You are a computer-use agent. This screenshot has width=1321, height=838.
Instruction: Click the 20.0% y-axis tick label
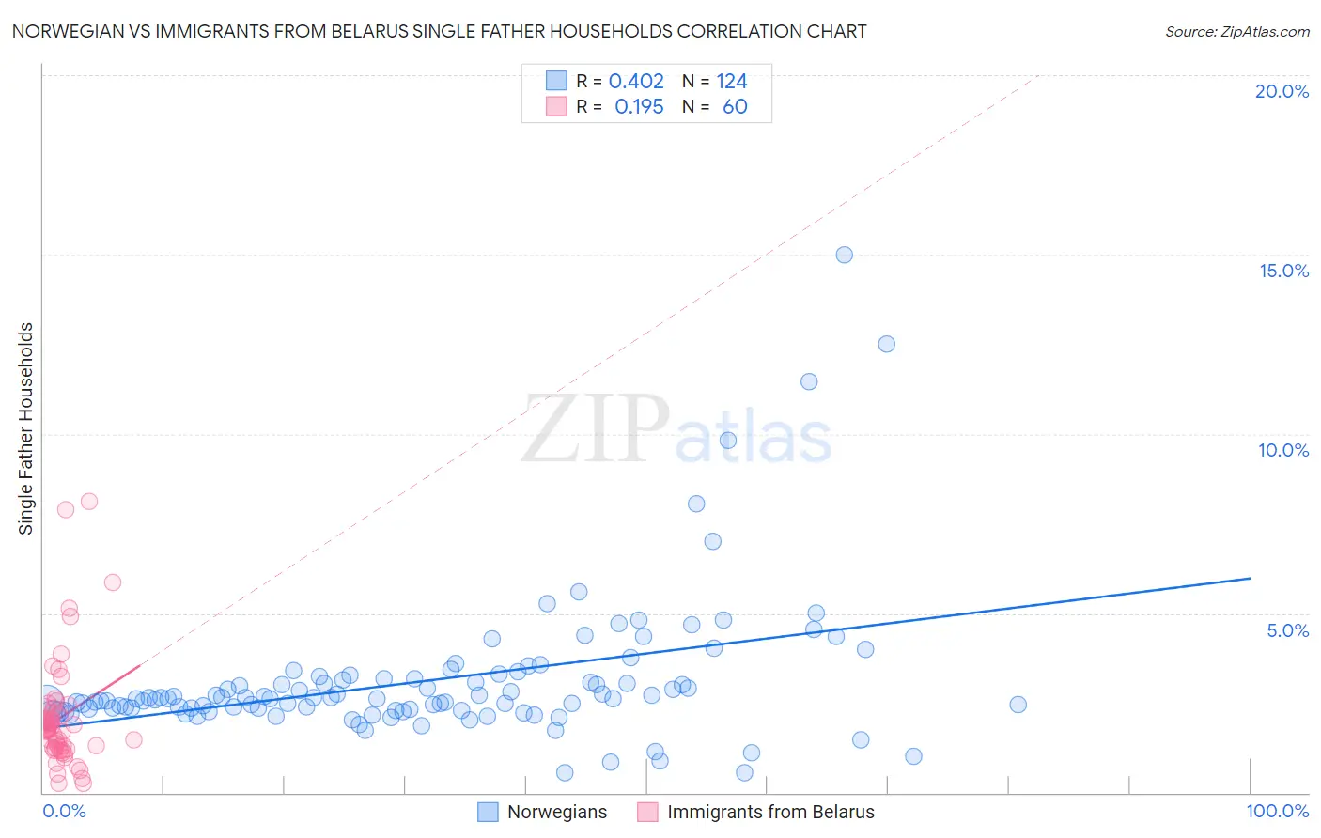click(x=1282, y=91)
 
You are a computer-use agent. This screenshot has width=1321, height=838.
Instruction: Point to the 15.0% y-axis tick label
click(x=1283, y=271)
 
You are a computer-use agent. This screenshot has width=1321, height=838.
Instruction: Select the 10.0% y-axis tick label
click(x=1283, y=450)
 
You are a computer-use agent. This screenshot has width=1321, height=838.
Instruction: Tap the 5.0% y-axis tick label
click(x=1287, y=630)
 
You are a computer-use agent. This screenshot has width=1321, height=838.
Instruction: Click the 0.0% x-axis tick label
click(x=64, y=811)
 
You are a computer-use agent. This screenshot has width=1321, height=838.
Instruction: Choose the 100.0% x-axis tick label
click(x=1277, y=811)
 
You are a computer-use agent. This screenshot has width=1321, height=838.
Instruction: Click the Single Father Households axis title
click(x=26, y=428)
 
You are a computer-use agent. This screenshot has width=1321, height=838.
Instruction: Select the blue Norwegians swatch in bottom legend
click(x=488, y=812)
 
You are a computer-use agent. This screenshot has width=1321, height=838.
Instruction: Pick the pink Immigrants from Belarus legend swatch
click(x=647, y=812)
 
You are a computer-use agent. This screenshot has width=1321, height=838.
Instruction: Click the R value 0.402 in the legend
click(x=636, y=82)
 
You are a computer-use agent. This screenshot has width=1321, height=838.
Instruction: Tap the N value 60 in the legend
click(x=735, y=107)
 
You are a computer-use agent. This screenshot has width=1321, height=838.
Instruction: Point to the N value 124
click(x=732, y=82)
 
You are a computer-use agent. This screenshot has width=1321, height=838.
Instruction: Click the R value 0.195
click(x=639, y=107)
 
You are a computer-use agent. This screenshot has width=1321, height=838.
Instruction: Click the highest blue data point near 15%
click(x=844, y=255)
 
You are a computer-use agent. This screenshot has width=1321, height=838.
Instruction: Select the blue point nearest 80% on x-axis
click(x=1018, y=705)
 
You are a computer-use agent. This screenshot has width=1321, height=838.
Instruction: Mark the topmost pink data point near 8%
click(x=89, y=501)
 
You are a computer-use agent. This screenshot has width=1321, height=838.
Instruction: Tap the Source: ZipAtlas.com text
click(x=1236, y=31)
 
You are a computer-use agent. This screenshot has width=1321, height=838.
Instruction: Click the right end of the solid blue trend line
click(x=1250, y=579)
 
